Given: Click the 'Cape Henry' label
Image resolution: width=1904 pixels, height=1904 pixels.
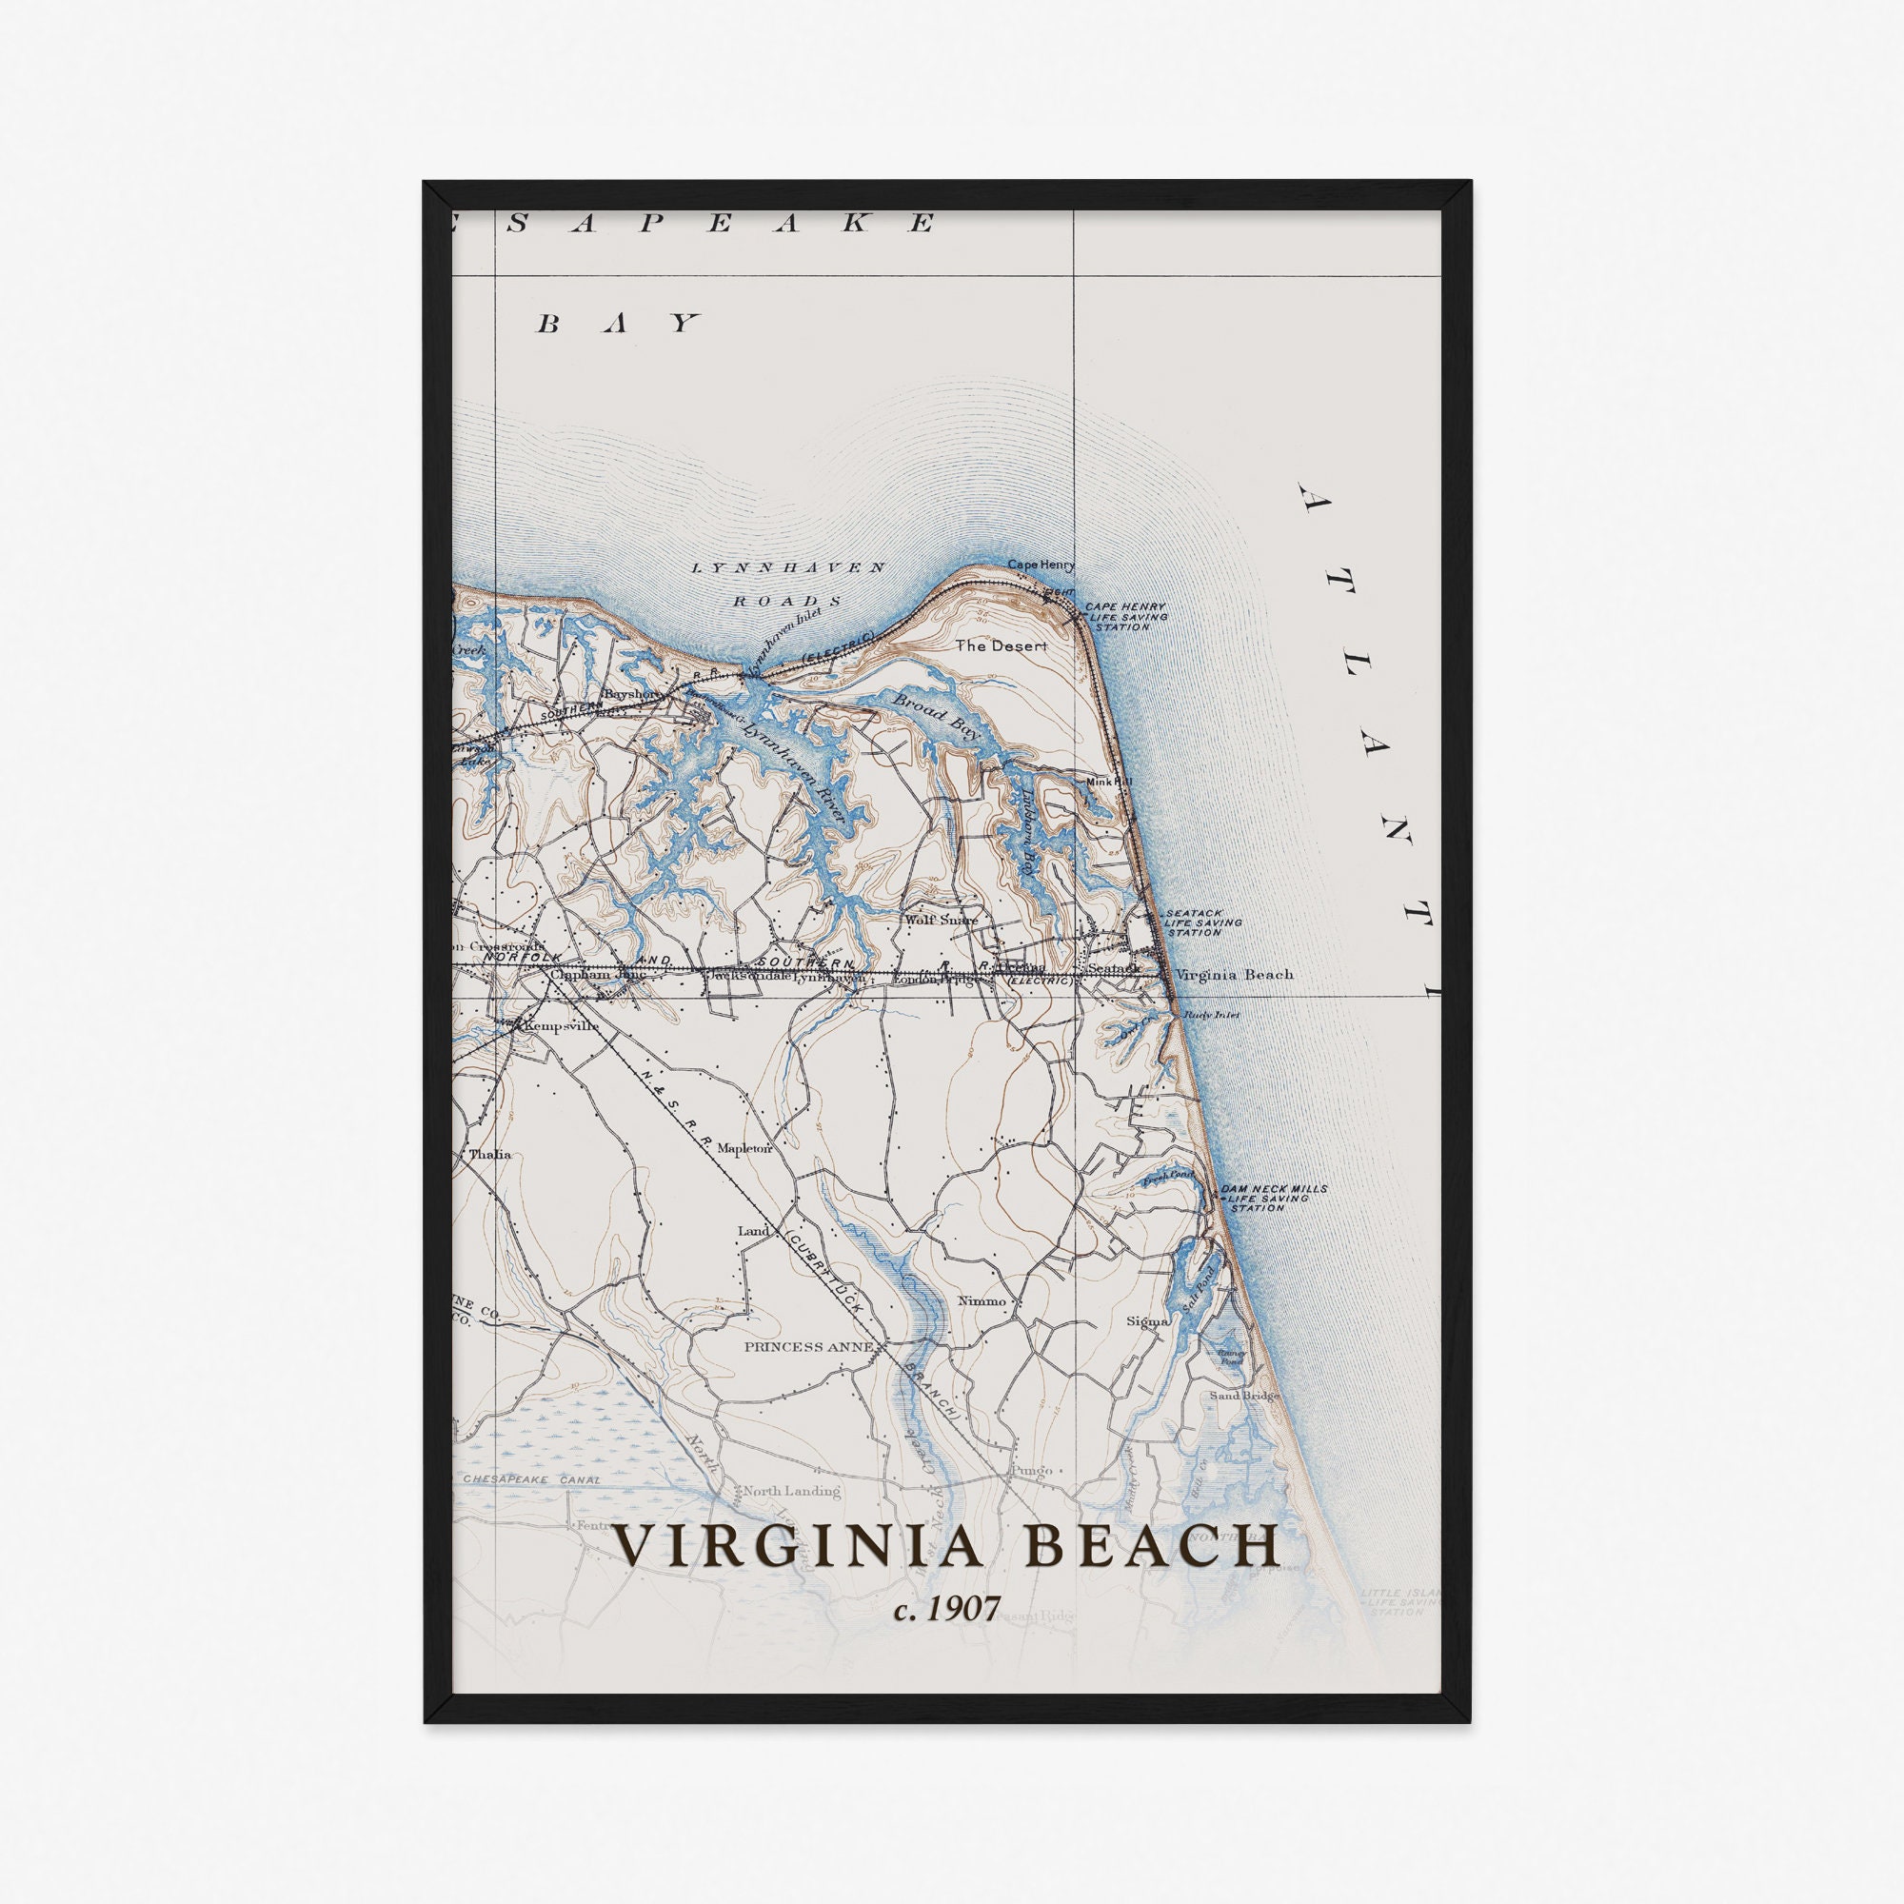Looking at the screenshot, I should click(x=1040, y=565).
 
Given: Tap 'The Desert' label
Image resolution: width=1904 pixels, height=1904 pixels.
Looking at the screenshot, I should click(x=1001, y=646).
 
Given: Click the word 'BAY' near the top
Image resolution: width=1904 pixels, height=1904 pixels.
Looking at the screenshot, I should click(x=618, y=324).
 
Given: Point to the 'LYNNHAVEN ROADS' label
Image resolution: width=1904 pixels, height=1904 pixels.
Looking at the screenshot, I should click(x=787, y=584).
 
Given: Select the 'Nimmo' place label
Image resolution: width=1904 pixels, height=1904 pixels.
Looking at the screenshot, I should click(x=982, y=1300).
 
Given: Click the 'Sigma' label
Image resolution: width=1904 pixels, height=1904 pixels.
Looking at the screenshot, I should click(x=1147, y=1320).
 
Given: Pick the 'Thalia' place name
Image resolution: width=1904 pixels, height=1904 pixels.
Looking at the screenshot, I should click(x=489, y=1154).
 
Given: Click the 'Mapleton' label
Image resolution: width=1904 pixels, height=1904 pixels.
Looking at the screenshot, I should click(x=744, y=1148).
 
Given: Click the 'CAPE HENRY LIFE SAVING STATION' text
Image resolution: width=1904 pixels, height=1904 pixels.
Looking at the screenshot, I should click(x=1124, y=617).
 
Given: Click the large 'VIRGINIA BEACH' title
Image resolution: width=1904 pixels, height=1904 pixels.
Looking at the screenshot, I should click(x=948, y=1546).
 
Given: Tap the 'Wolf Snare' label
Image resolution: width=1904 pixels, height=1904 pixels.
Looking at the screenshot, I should click(x=942, y=920).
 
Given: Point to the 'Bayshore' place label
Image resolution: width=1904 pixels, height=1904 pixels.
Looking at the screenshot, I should click(x=633, y=694).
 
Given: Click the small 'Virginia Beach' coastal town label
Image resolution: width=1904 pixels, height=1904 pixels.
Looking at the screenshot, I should click(x=1234, y=975).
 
